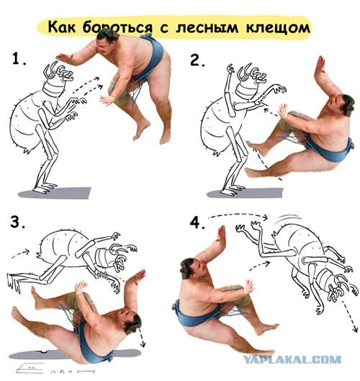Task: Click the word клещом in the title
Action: tap(278, 27)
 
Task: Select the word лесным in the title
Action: tap(207, 27)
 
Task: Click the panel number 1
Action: tap(19, 59)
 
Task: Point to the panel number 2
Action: tap(197, 60)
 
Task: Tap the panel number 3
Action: tap(17, 222)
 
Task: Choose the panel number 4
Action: tap(197, 223)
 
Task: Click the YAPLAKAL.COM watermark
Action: tap(292, 359)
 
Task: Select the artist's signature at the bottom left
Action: tap(55, 368)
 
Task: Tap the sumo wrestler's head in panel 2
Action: tap(343, 105)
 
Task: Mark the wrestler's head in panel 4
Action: tap(191, 268)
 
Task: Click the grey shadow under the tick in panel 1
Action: tap(55, 193)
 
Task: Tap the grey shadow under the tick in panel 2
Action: tap(245, 193)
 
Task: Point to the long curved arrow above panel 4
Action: tap(238, 215)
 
